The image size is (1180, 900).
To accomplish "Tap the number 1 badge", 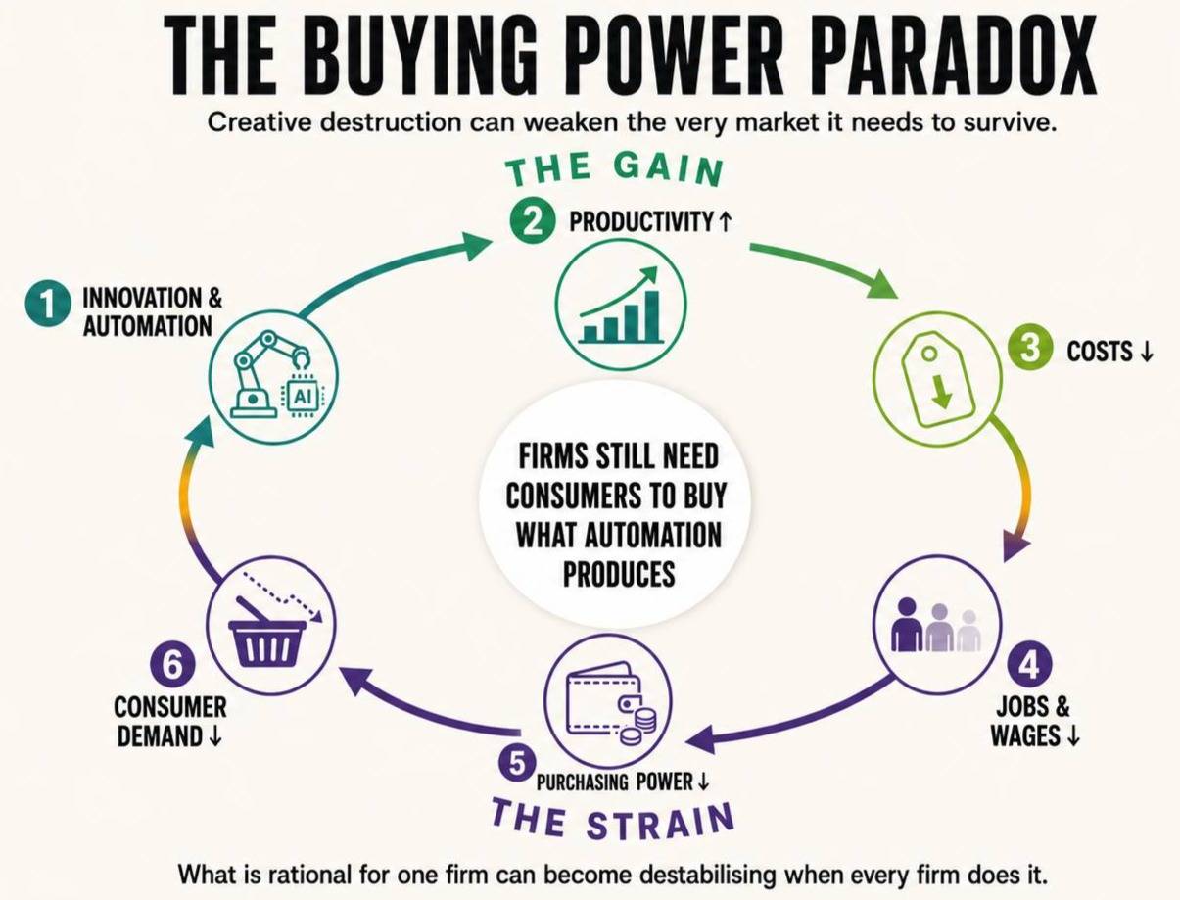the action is coord(48,305).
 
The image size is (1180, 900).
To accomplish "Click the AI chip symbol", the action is coord(303,397).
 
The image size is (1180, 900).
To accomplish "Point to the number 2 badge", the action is coord(533,222).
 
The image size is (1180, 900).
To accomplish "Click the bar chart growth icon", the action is coord(621,306).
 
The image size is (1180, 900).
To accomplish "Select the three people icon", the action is coord(936,624).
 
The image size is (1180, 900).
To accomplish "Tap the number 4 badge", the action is coord(1030,668).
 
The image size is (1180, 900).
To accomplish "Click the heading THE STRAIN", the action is coord(613,821).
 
